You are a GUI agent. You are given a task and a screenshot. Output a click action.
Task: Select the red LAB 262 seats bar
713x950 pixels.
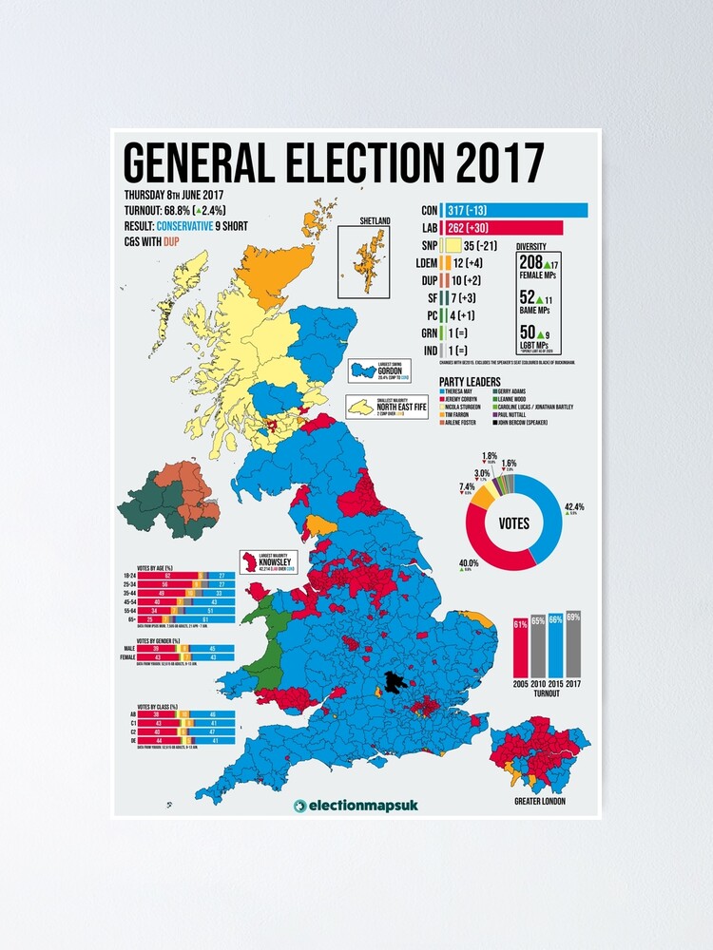pyautogui.click(x=509, y=228)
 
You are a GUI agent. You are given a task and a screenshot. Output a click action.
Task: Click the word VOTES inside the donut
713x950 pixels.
pyautogui.click(x=513, y=522)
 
